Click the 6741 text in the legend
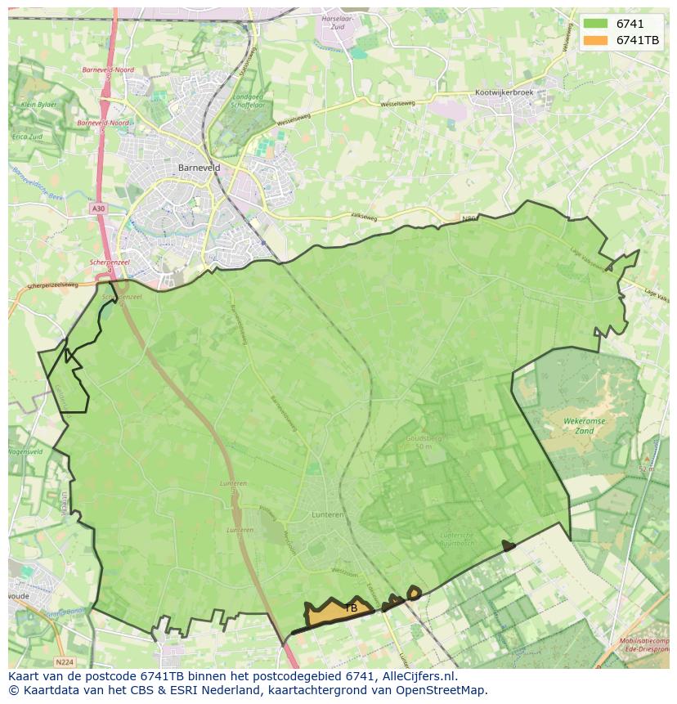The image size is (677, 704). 630,24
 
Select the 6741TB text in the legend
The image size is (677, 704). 638,40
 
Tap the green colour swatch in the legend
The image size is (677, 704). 595,24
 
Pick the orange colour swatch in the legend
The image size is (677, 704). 595,40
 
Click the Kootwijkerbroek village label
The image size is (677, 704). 504,93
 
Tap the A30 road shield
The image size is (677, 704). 98,209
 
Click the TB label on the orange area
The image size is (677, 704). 351,608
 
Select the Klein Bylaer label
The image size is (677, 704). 38,105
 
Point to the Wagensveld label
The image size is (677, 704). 25,451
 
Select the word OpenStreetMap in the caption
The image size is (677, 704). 446,690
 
